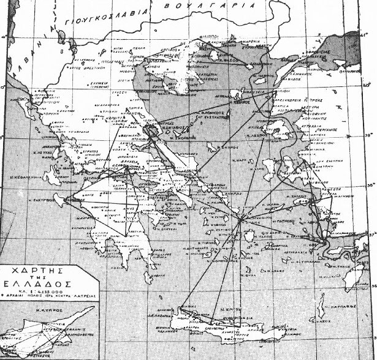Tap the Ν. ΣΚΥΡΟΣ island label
pos(230,149)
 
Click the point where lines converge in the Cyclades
pos(242,217)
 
